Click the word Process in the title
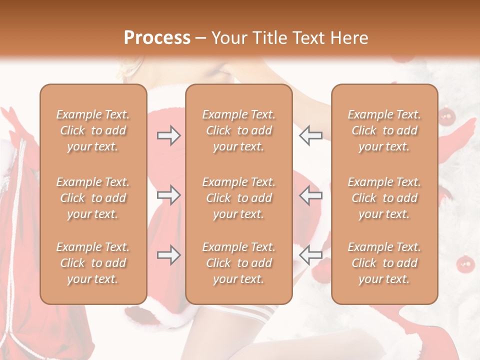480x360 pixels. click(x=157, y=38)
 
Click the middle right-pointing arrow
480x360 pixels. click(x=169, y=194)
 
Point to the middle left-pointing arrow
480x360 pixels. click(x=310, y=194)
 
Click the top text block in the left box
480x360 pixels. click(x=93, y=130)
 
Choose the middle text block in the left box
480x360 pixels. click(x=93, y=198)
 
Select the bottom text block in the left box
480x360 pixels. click(x=93, y=263)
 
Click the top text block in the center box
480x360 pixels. click(x=238, y=130)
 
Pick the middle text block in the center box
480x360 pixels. click(x=238, y=198)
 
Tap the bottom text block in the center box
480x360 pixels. click(x=238, y=263)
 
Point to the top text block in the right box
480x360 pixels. click(x=384, y=130)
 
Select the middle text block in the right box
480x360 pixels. click(x=384, y=198)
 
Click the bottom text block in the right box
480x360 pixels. click(x=384, y=263)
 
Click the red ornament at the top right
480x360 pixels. click(x=446, y=117)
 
